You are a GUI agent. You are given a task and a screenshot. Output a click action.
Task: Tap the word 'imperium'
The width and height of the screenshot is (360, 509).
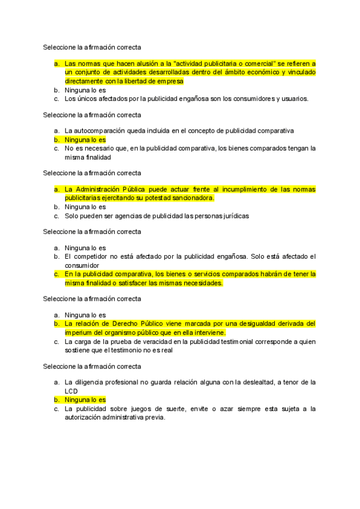click(x=78, y=332)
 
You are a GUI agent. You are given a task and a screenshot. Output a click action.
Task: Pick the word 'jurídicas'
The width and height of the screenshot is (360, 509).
click(x=233, y=215)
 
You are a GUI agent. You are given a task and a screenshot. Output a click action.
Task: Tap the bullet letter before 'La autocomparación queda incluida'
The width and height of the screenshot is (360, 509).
click(x=56, y=130)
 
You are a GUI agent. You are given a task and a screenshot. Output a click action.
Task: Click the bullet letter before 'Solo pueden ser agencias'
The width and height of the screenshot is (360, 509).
click(x=56, y=215)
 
